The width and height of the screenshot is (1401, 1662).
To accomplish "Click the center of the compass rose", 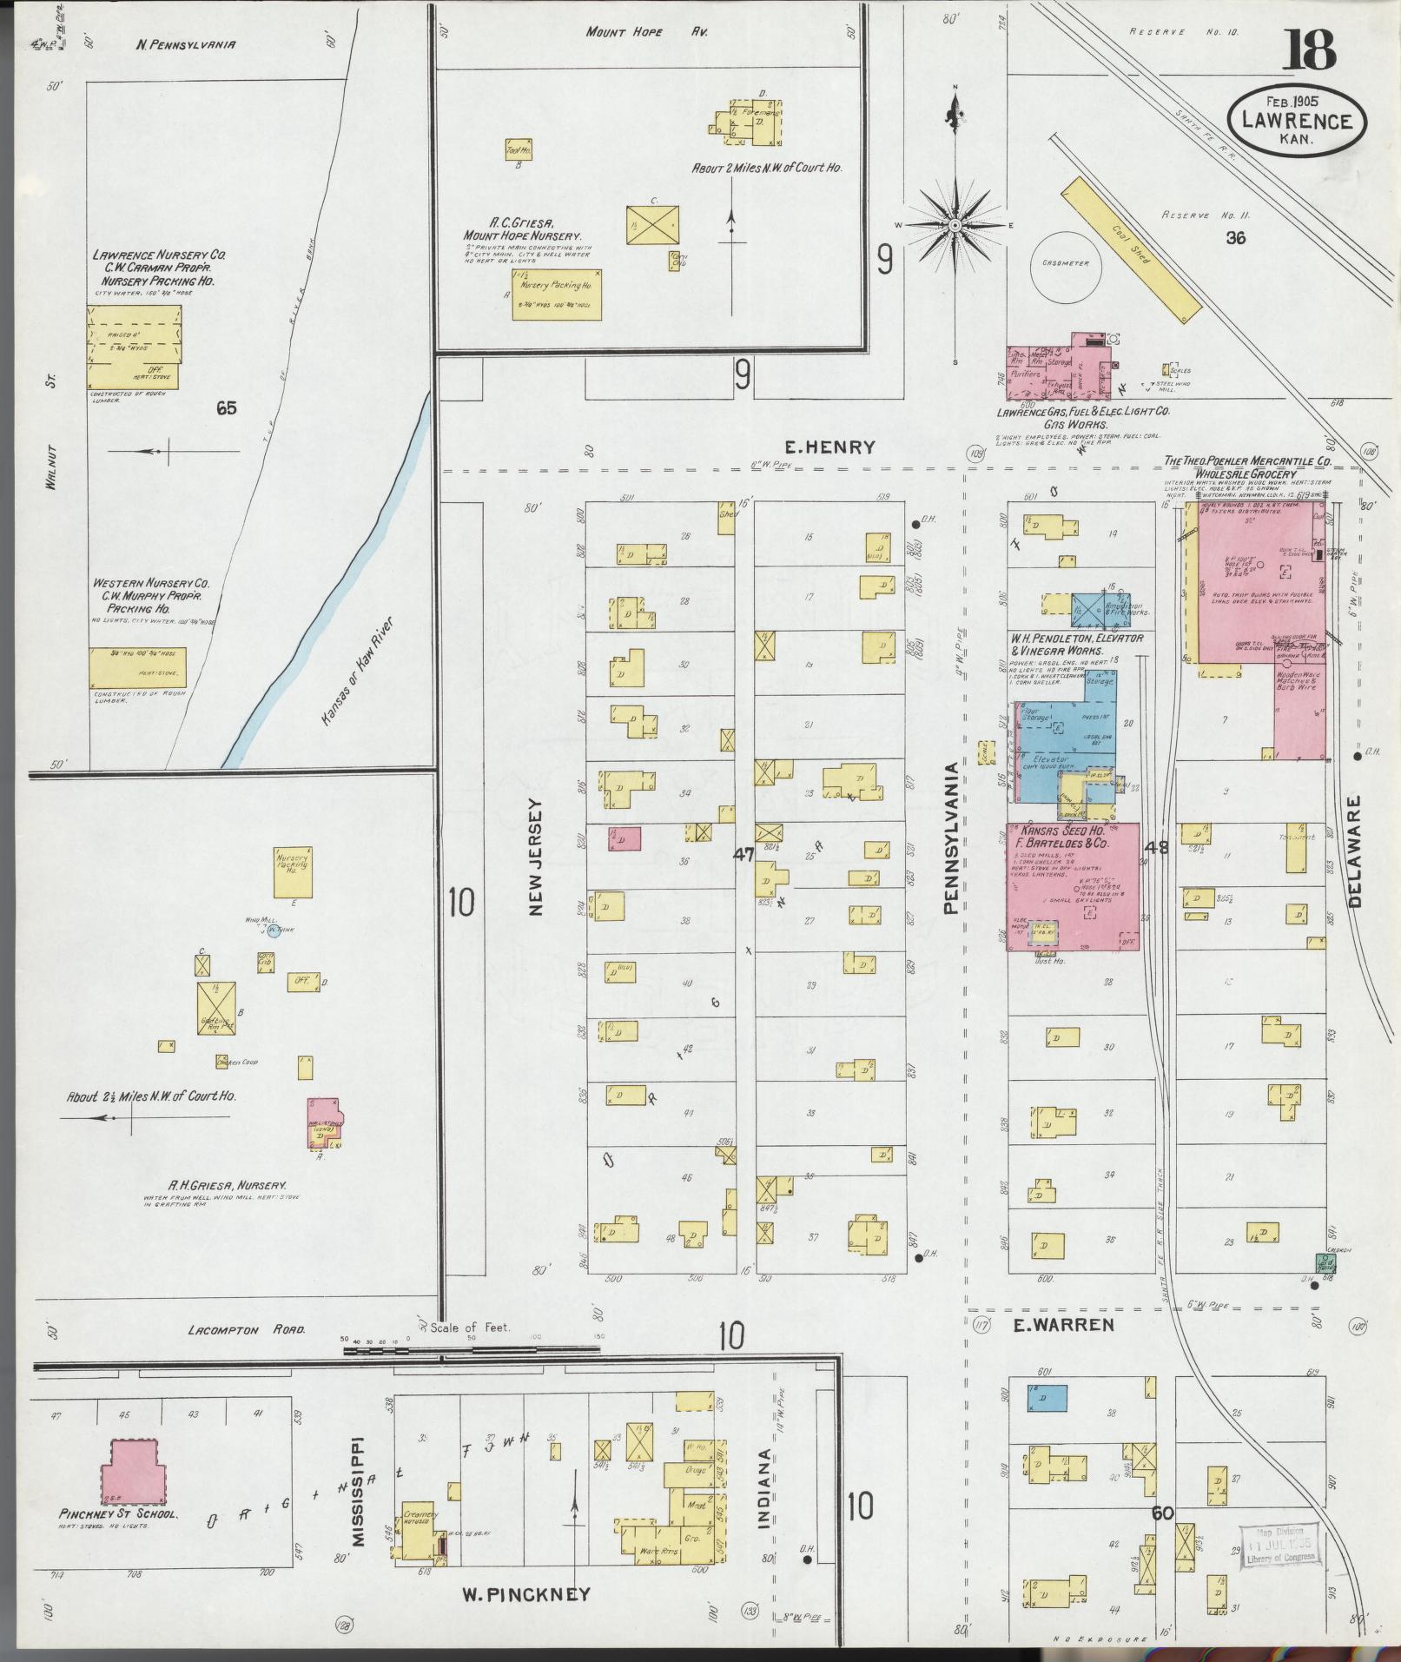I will tap(955, 225).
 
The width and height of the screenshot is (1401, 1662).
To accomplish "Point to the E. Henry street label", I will tap(829, 447).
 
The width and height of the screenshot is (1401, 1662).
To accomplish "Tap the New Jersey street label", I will tap(535, 857).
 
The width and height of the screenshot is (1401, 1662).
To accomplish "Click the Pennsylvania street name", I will tap(950, 838).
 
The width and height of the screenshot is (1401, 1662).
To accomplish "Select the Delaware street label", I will tap(1355, 852).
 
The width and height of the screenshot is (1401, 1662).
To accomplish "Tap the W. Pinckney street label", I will tap(525, 1594).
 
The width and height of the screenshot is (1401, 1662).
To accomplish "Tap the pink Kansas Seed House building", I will tap(1074, 886).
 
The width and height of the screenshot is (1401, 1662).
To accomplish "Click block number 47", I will tap(743, 855).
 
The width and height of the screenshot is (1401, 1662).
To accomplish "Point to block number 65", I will tap(226, 407).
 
